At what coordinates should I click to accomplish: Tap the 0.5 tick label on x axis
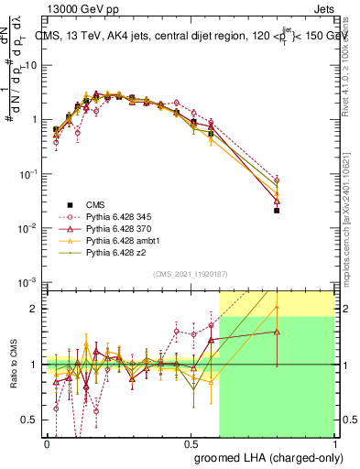coord(191,443)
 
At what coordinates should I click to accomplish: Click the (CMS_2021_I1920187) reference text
coord(191,274)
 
